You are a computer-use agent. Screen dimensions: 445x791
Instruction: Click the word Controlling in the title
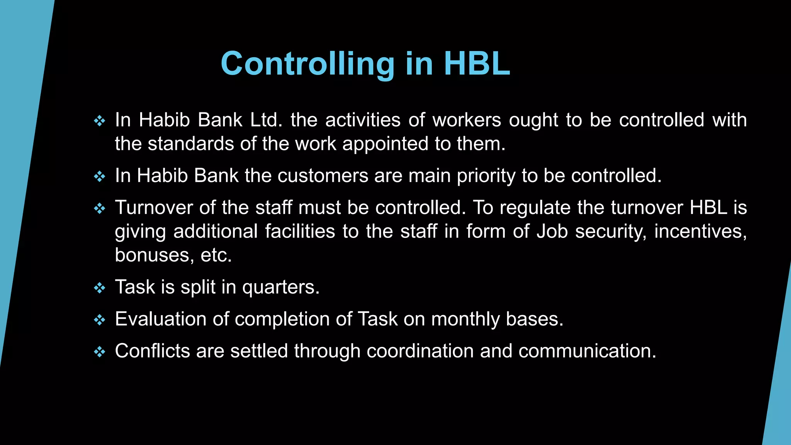point(307,64)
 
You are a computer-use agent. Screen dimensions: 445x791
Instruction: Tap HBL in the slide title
point(477,64)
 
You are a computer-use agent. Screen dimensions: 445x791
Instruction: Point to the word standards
point(191,144)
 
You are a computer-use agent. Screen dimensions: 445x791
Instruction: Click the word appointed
point(385,144)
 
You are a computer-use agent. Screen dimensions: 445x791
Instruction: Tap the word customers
point(323,176)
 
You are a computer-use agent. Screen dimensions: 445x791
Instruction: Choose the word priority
point(486,176)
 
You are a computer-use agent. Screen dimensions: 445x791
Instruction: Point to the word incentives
point(700,232)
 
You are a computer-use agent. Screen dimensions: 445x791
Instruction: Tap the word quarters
point(281,287)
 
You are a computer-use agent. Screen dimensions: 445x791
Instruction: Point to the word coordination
point(420,351)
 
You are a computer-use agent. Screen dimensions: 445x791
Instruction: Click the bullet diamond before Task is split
point(100,288)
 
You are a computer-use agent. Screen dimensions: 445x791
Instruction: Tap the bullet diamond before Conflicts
point(100,352)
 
